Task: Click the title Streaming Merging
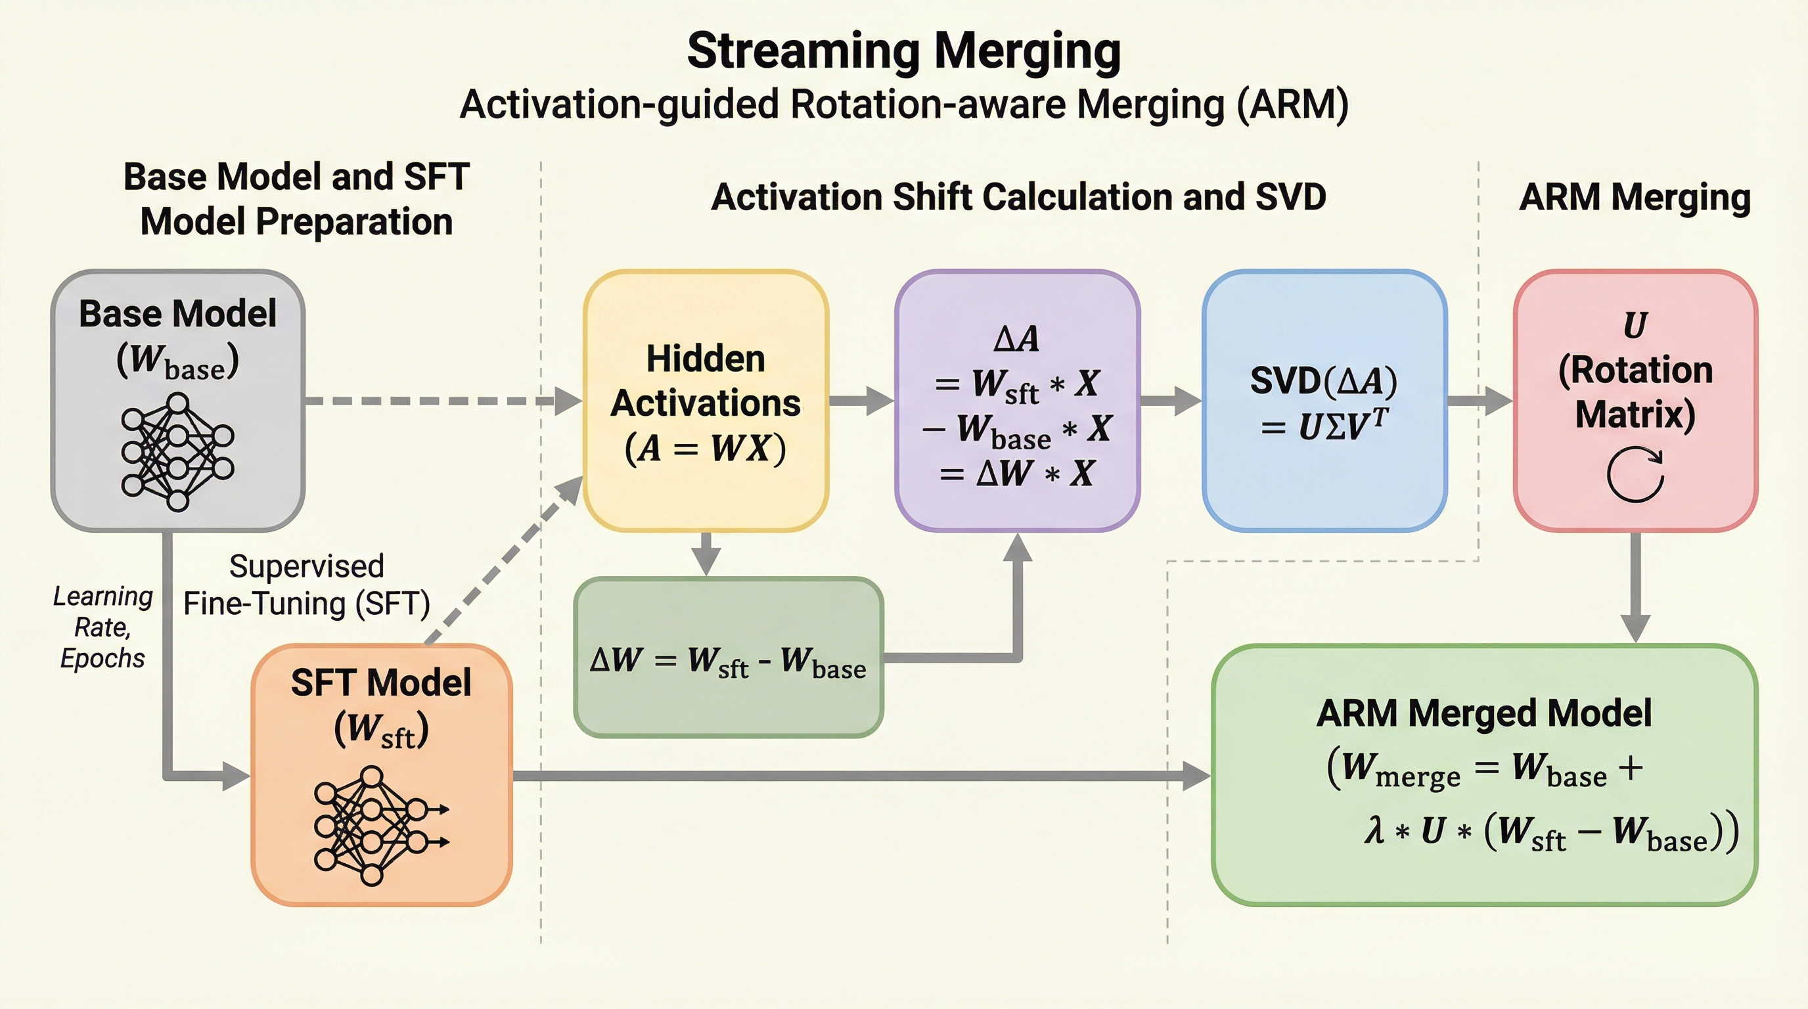[903, 51]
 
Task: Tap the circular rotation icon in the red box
[1635, 474]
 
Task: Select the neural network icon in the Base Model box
[177, 451]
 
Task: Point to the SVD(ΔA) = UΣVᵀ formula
[1324, 403]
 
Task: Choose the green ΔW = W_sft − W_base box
[729, 658]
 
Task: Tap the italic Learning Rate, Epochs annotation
[102, 627]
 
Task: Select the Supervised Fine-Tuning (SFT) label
[307, 585]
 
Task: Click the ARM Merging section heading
[1635, 197]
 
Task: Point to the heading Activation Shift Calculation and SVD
[1018, 197]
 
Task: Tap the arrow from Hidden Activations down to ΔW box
[706, 554]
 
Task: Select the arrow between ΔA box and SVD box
[1170, 401]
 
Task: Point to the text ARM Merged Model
[1483, 713]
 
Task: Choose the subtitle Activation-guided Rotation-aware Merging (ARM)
[903, 105]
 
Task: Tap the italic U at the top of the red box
[1635, 325]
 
